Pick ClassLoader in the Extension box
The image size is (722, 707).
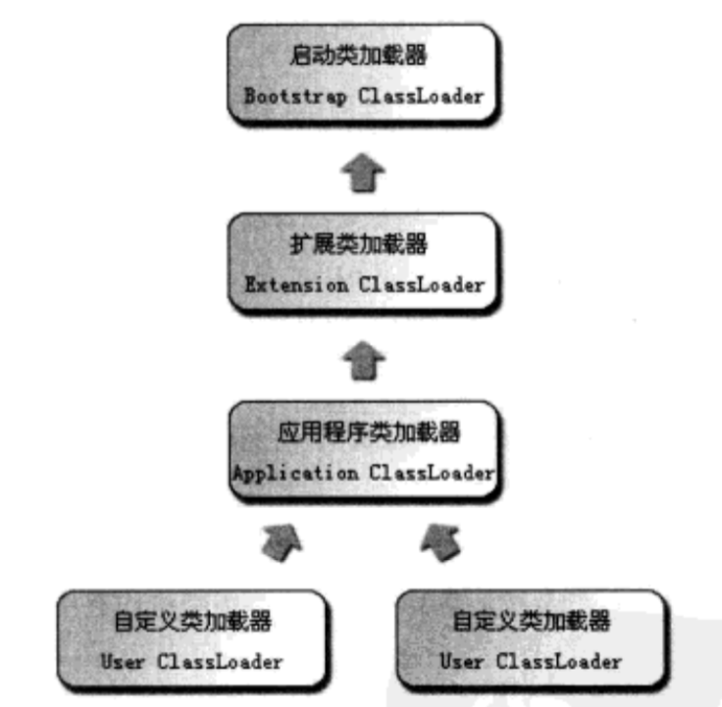tap(425, 285)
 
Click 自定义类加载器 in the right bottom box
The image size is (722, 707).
tap(532, 620)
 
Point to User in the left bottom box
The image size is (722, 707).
tap(123, 661)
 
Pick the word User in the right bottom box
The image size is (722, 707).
tap(461, 661)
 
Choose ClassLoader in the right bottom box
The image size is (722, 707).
tap(557, 661)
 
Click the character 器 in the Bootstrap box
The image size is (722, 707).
tap(416, 56)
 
